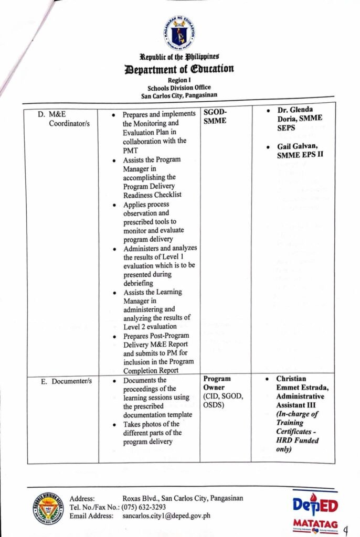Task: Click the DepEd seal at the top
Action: pos(179,32)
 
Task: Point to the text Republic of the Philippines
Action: pos(179,57)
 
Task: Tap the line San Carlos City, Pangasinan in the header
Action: pos(179,95)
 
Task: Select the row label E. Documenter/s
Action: pos(66,381)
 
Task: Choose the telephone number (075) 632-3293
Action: pos(144,507)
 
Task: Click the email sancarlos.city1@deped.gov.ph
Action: pos(166,516)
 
